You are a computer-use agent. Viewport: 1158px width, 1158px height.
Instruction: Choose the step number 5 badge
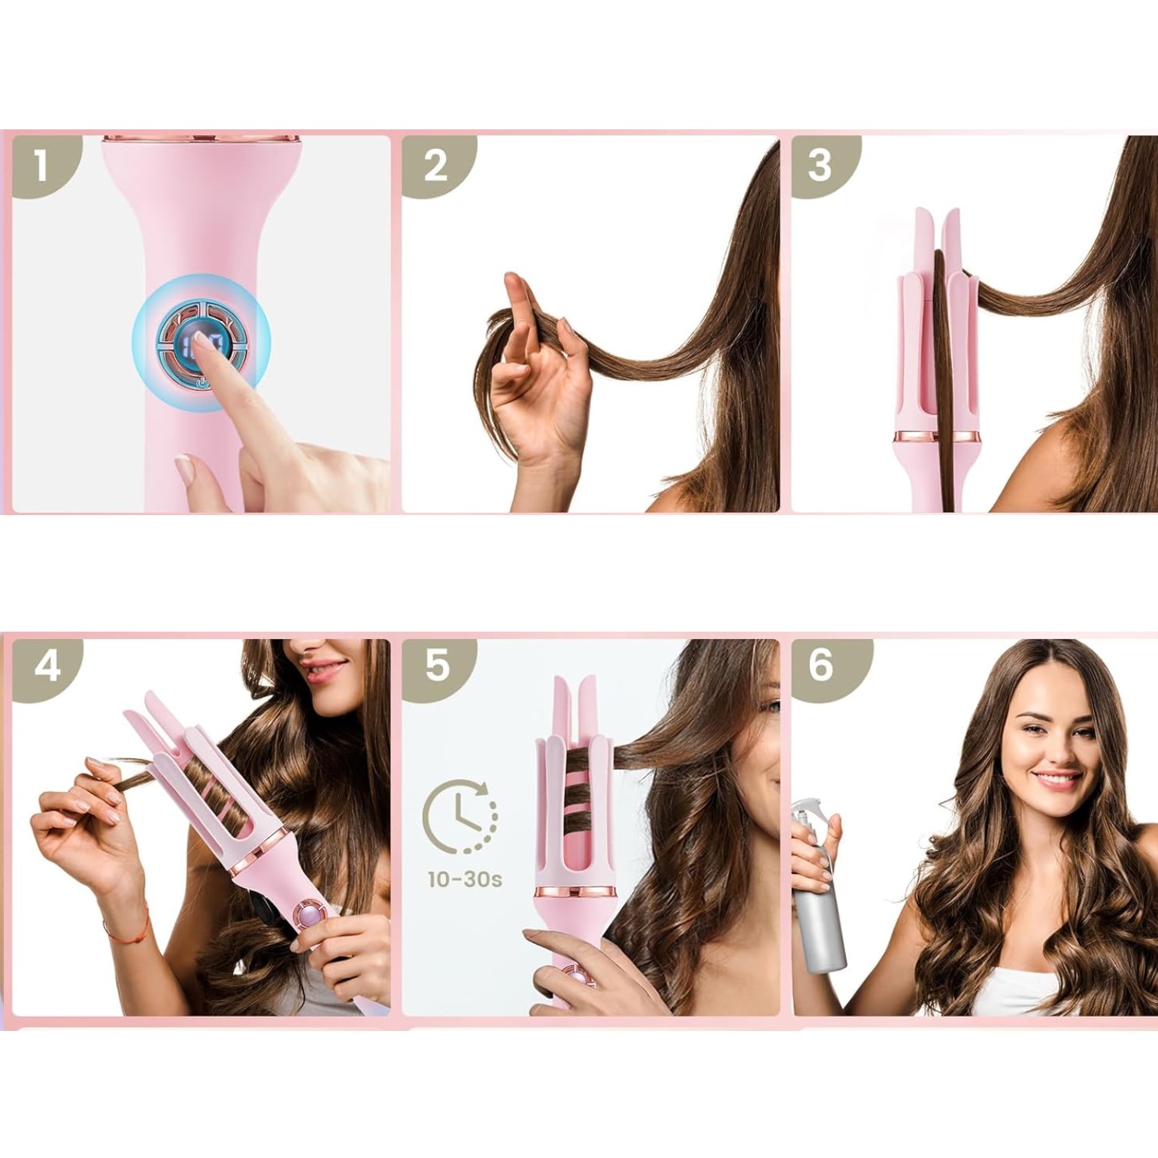[x=437, y=666]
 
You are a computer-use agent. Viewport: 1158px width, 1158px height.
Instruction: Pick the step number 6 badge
[x=823, y=666]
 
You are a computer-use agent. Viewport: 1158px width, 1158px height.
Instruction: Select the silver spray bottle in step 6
[x=819, y=887]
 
